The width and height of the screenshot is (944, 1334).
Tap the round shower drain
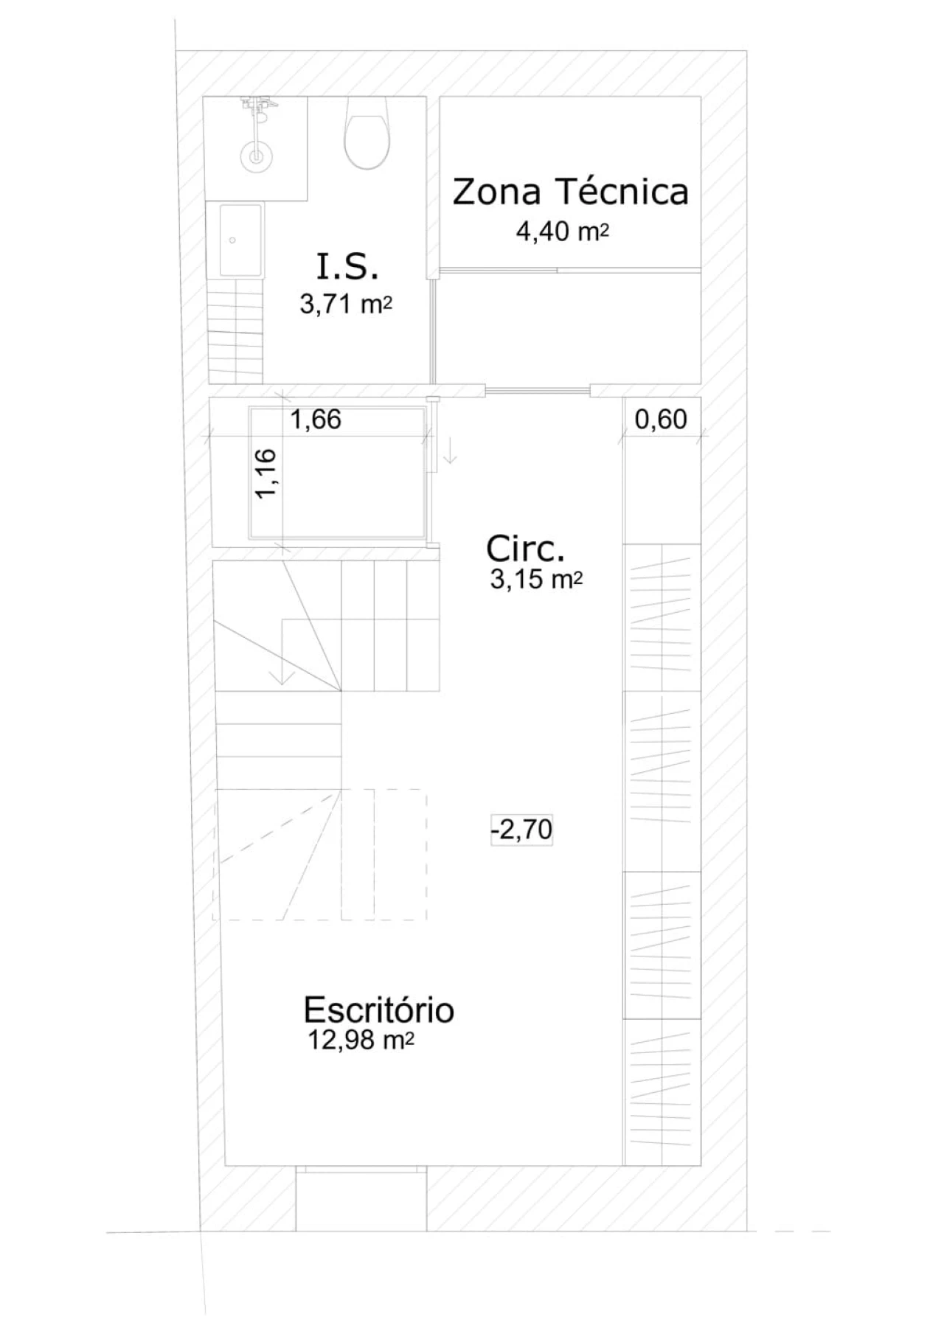tap(256, 156)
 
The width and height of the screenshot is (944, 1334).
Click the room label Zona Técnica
tap(570, 192)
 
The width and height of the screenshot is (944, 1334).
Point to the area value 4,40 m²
tap(563, 232)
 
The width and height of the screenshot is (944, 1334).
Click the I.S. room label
tap(347, 267)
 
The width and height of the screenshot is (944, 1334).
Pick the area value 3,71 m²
tap(345, 303)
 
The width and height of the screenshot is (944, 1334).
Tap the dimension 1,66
tap(316, 420)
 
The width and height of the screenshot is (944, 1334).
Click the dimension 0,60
tap(661, 420)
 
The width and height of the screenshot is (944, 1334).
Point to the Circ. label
tap(525, 549)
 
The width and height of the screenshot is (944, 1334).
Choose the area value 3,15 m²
tap(536, 580)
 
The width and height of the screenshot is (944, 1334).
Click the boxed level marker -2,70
tap(521, 830)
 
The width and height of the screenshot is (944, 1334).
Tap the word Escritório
tap(378, 1010)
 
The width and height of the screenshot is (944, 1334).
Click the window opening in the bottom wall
tap(361, 1198)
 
